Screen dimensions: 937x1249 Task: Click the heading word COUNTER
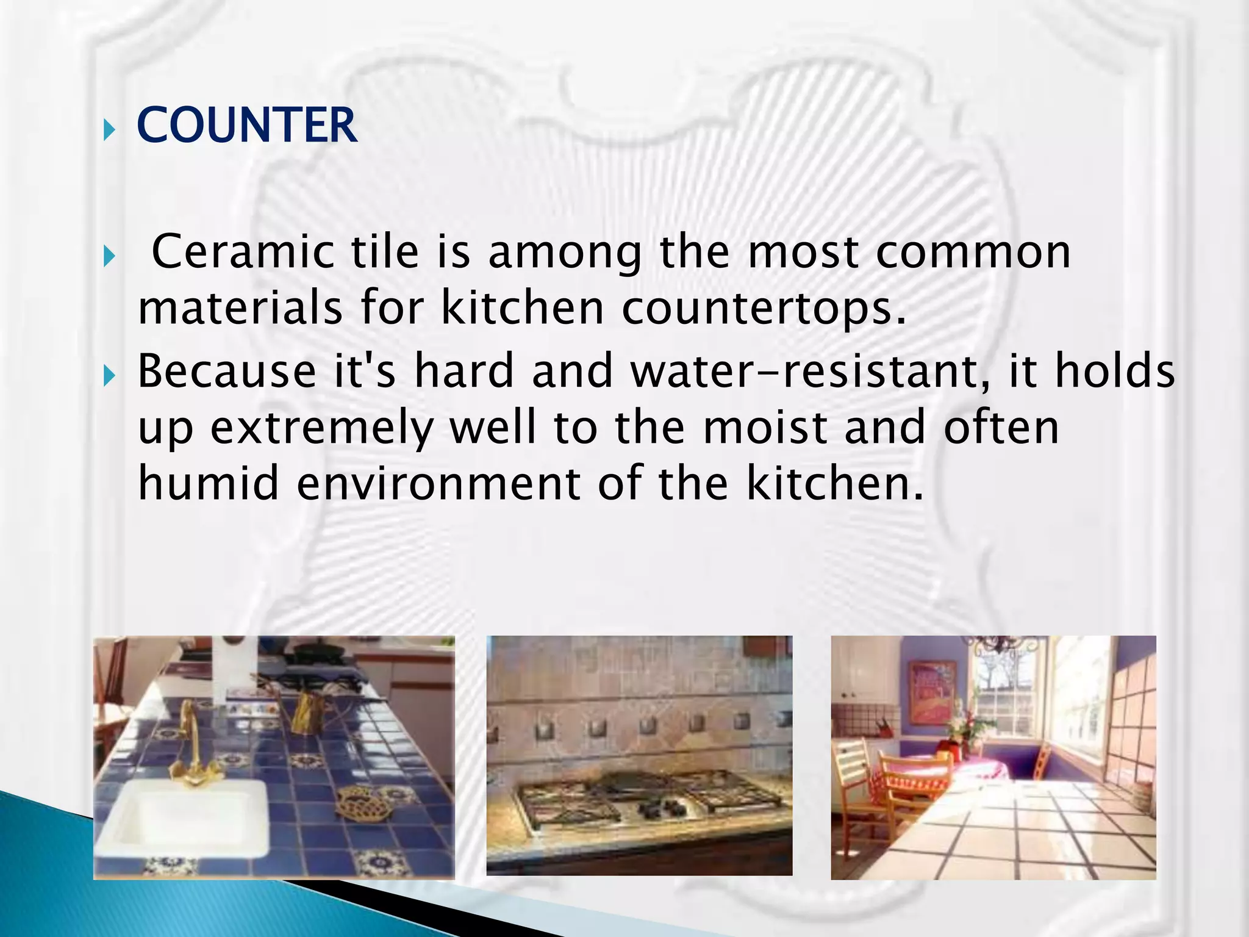pos(246,125)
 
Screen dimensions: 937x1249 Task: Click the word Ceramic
pos(243,251)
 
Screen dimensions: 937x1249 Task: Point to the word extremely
pos(321,428)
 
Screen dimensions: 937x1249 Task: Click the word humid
pos(209,483)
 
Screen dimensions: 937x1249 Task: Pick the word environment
pos(438,483)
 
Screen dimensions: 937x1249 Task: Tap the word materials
pos(240,307)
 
